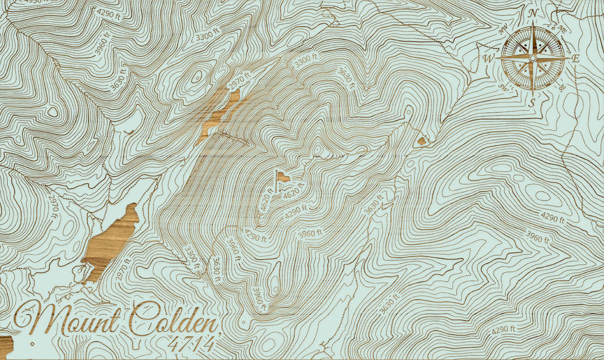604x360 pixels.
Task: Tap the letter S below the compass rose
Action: pos(532,102)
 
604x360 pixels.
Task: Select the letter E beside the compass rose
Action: pos(576,58)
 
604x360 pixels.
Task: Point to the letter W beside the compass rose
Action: pos(488,58)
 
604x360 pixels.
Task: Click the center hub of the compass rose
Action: pos(532,58)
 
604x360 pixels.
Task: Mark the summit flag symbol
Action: pos(281,178)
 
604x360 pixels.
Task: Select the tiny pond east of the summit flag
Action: pos(421,142)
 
